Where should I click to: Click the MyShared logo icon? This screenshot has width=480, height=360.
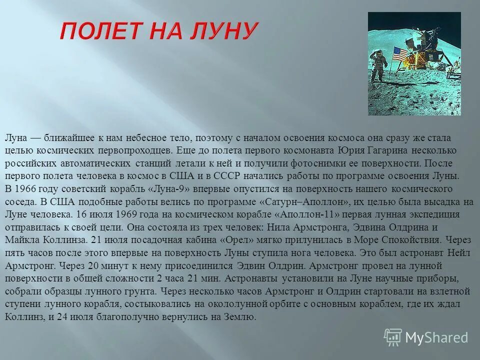pos(393,337)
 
